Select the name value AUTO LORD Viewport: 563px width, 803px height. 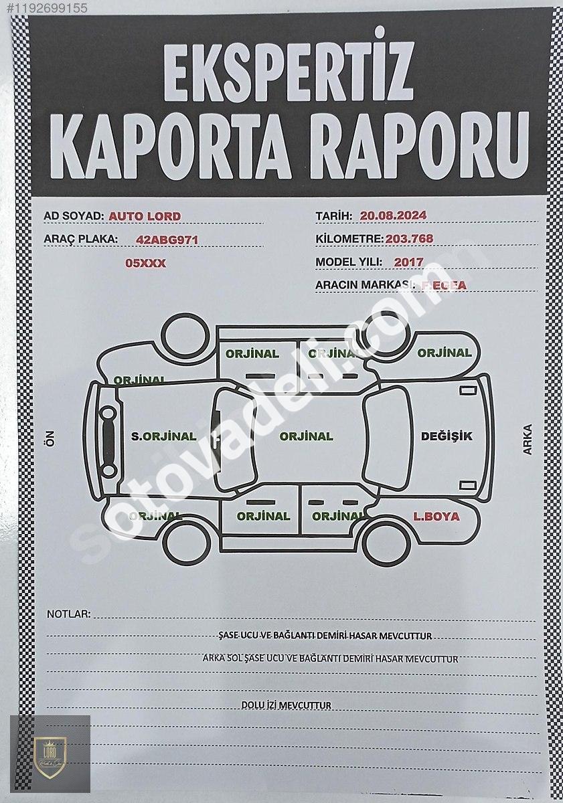point(145,216)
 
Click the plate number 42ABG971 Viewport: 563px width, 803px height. point(167,239)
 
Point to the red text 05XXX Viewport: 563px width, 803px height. point(145,263)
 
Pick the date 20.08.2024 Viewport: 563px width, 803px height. point(393,215)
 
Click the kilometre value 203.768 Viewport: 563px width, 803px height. point(409,238)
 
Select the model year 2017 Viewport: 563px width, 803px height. point(408,262)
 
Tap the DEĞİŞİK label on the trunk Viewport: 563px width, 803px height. point(447,436)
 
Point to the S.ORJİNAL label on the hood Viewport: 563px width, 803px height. point(164,436)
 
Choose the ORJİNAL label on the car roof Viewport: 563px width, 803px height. point(306,436)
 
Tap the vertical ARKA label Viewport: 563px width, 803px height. point(527,440)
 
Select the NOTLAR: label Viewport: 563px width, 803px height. point(68,614)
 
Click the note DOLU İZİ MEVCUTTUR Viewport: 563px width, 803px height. point(286,705)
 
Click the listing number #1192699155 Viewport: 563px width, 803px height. point(45,8)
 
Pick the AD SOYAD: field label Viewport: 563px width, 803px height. point(74,216)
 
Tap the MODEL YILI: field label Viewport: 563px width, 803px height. point(349,262)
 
